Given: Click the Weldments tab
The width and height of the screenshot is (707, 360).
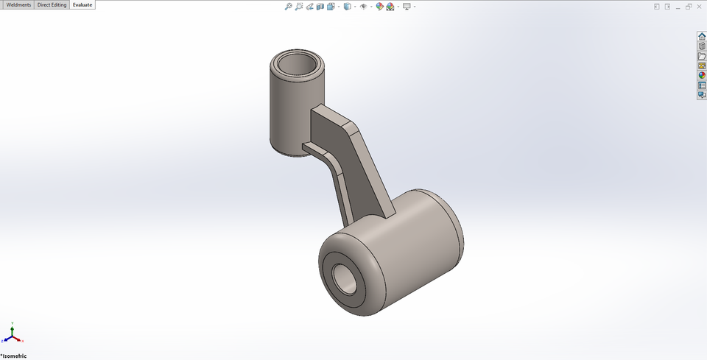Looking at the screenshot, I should click(x=18, y=5).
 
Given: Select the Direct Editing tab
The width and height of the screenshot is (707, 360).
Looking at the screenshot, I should click(x=52, y=5).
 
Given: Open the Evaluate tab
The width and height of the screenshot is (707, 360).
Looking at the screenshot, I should click(x=82, y=5).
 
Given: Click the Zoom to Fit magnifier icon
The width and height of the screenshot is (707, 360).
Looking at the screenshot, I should click(x=289, y=7).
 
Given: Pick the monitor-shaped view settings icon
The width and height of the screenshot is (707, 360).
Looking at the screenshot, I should click(x=407, y=7).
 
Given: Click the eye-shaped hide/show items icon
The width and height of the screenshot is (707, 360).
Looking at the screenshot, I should click(x=364, y=7).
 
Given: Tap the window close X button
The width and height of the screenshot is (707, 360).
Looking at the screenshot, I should click(x=700, y=6).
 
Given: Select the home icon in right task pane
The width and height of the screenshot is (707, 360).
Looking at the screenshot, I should click(x=702, y=36).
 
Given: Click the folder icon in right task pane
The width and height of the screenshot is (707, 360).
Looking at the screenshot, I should click(x=702, y=55).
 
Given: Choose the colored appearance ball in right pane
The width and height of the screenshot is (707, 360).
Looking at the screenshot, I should click(x=702, y=75).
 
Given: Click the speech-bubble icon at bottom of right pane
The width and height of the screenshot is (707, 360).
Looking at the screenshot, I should click(x=702, y=94).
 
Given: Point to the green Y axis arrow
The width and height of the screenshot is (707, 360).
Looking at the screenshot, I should click(x=12, y=326).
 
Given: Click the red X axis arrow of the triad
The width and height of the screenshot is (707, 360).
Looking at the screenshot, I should click(x=21, y=341).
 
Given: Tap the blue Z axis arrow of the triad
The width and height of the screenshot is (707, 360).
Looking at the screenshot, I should click(x=4, y=341).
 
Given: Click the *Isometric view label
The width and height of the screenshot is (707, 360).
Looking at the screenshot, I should click(x=14, y=356).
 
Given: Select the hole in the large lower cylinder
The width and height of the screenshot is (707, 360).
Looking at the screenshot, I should click(x=344, y=278).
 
